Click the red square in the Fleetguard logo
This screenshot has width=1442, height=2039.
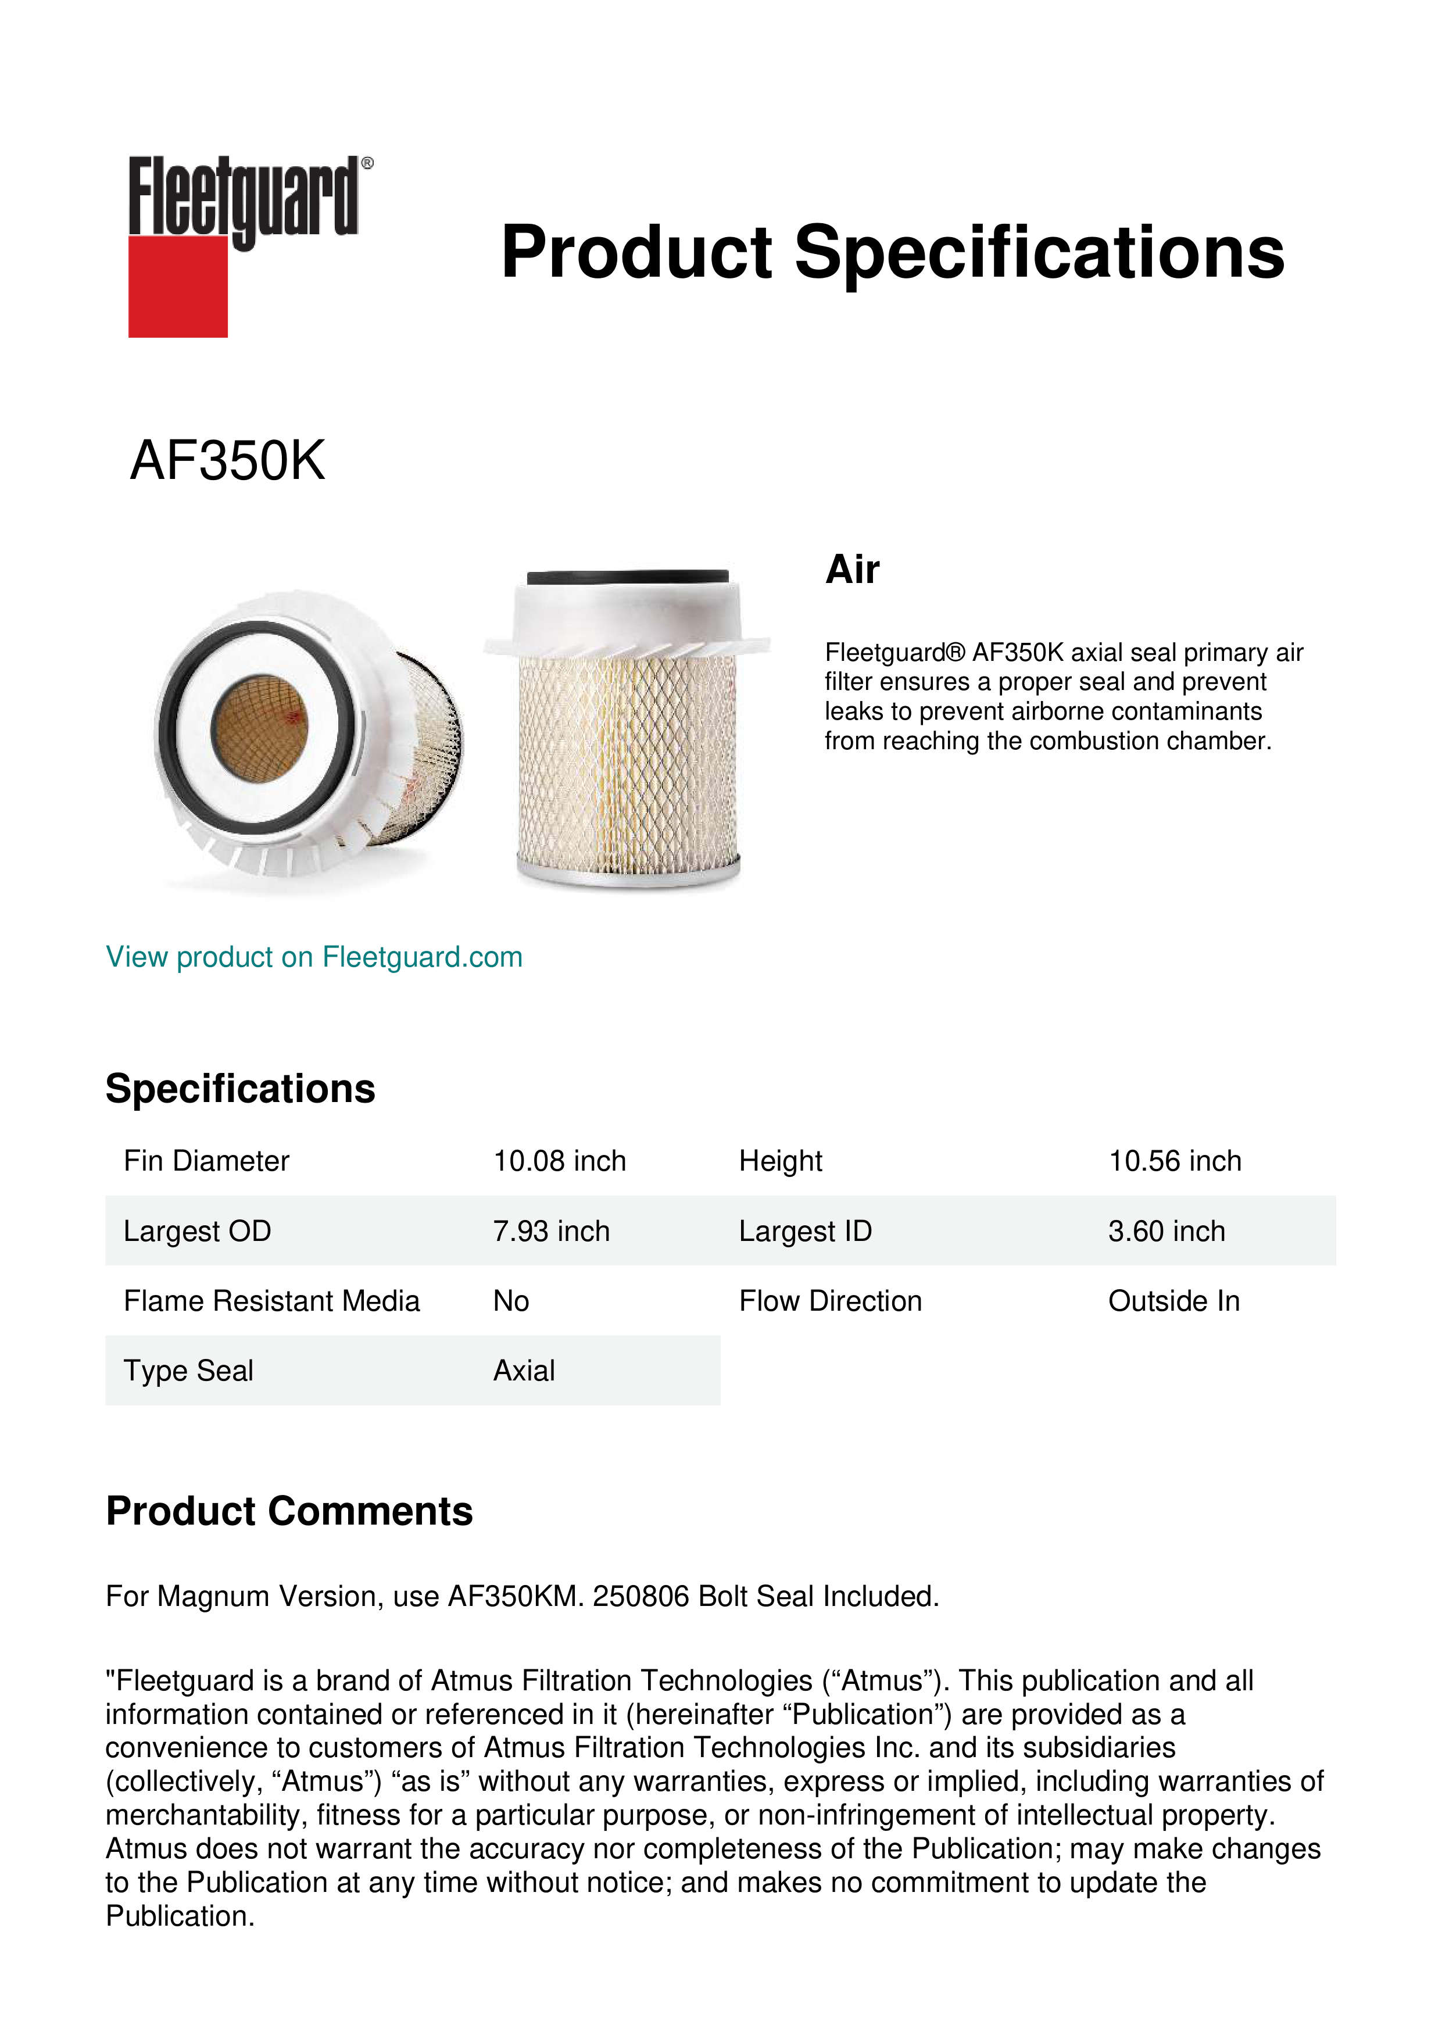click(x=178, y=286)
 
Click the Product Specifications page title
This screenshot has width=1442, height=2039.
click(x=892, y=252)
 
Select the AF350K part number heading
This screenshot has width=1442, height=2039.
click(x=227, y=461)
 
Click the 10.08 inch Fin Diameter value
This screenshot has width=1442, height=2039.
click(x=559, y=1161)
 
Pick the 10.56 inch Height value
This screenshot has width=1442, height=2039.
click(x=1174, y=1161)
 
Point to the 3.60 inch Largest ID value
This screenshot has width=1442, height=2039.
click(x=1166, y=1231)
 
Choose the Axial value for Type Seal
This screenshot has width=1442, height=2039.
click(x=524, y=1371)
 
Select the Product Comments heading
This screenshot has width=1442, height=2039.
click(x=289, y=1511)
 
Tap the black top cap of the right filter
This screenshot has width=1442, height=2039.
click(x=628, y=577)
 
